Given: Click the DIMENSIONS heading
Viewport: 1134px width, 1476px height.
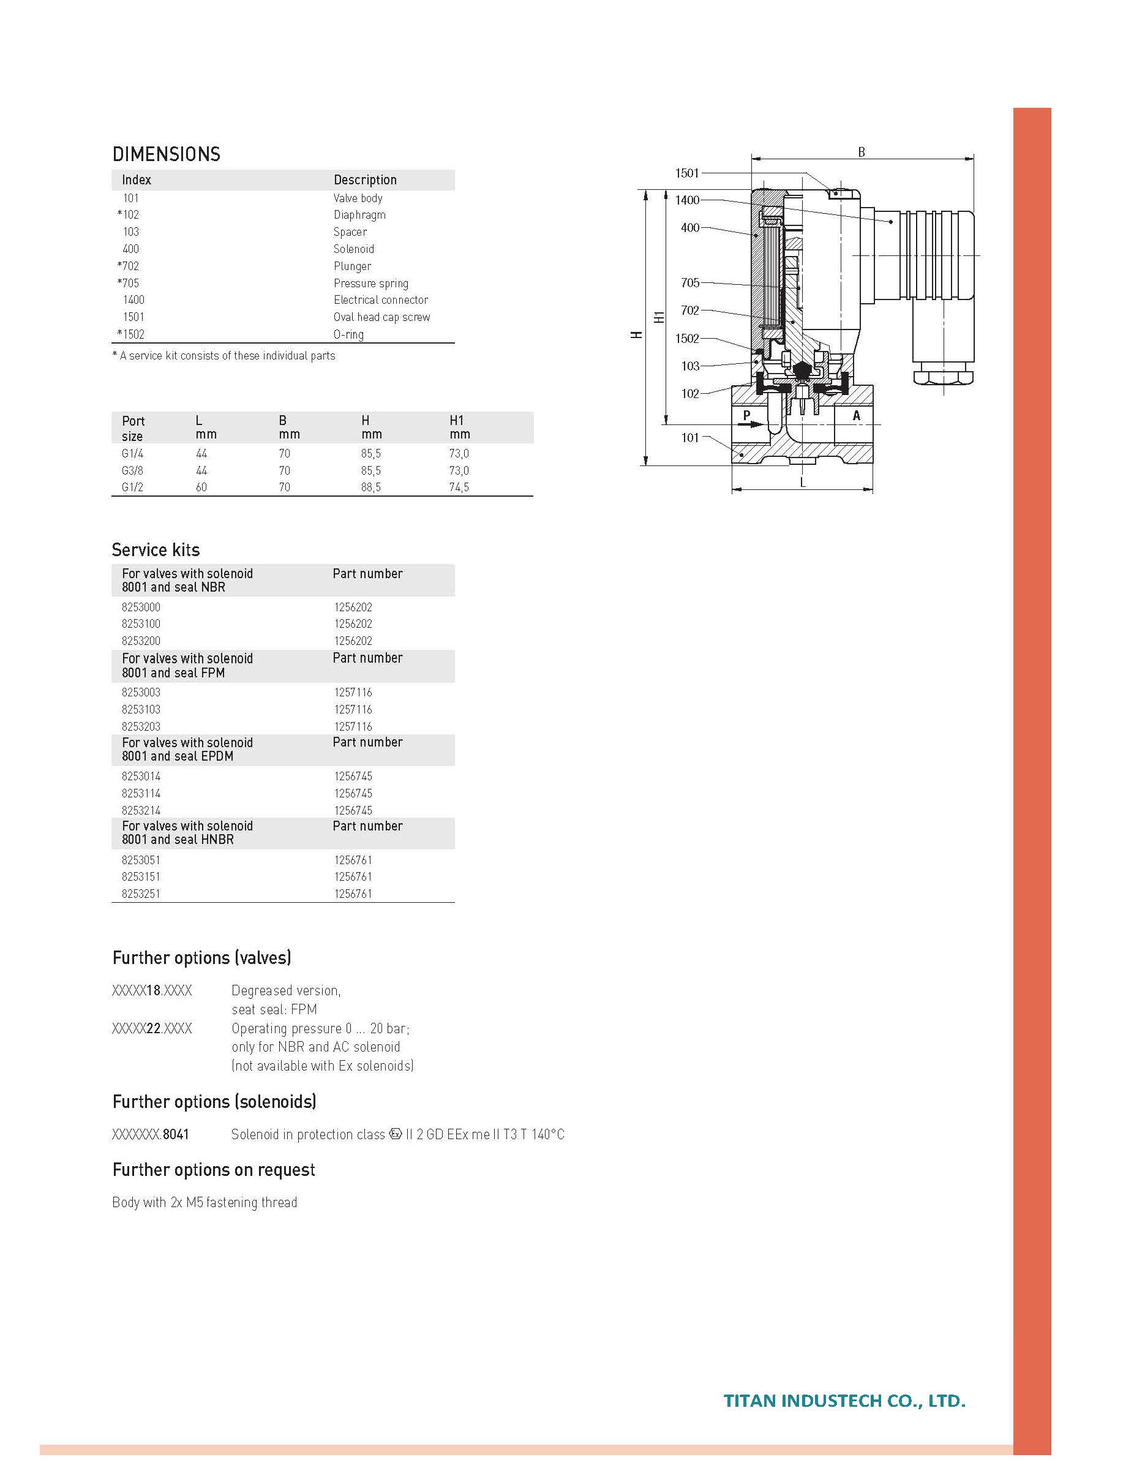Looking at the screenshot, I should click(x=166, y=154).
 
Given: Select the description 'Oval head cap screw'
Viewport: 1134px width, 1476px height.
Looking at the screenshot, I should click(x=381, y=317).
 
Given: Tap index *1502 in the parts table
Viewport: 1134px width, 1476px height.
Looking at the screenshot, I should click(x=131, y=334).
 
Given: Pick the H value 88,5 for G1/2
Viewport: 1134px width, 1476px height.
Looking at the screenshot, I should click(x=370, y=487).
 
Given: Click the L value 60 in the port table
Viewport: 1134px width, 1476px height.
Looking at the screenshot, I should click(x=201, y=487).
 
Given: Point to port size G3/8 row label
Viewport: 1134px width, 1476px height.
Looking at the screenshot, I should click(x=132, y=470).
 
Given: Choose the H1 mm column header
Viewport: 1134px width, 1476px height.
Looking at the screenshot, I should click(x=459, y=427).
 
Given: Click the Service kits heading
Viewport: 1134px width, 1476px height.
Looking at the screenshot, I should click(x=156, y=549).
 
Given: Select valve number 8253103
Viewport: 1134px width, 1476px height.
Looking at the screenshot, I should click(x=141, y=709).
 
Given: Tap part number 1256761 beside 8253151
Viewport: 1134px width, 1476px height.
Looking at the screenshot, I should click(x=353, y=876).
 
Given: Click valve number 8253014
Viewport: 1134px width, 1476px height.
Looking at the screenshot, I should click(x=141, y=776).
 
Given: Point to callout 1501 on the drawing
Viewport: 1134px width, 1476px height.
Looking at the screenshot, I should click(x=686, y=173).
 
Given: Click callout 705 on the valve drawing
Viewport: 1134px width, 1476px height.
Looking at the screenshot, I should click(x=690, y=282).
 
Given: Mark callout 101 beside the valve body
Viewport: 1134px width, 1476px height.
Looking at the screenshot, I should click(x=690, y=437).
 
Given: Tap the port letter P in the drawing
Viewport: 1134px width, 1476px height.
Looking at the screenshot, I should click(x=746, y=415).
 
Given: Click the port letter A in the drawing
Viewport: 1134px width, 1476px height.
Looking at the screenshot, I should click(x=857, y=415).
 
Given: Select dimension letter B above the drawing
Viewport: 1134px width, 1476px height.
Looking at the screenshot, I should click(x=862, y=152).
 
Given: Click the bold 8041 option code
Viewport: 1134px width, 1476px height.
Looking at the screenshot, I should click(x=176, y=1134).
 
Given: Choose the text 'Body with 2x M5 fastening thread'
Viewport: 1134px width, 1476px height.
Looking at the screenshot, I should click(x=205, y=1202).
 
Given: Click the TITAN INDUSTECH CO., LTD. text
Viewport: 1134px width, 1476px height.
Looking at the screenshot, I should click(x=844, y=1401).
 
